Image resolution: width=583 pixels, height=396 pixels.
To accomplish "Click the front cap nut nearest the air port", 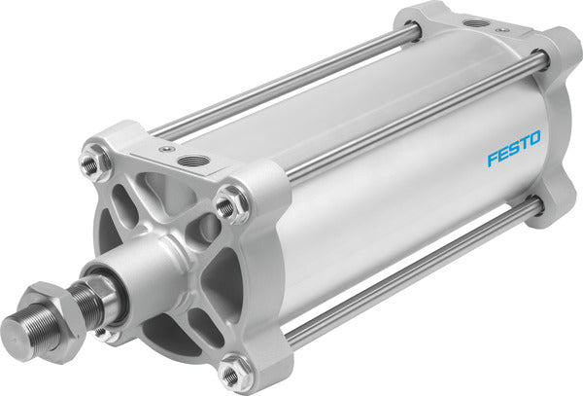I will tap(227, 205).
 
